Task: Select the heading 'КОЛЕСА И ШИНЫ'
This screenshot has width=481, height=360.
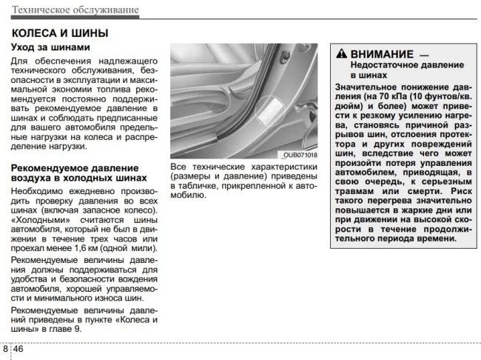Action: tap(60, 33)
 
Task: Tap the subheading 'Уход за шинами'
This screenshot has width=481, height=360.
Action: tap(51, 48)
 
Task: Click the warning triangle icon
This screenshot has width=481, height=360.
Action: tap(340, 53)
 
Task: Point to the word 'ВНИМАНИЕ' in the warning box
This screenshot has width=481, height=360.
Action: tap(382, 53)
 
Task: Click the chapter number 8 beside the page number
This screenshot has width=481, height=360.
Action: tap(5, 348)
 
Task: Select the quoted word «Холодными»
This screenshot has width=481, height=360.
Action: tap(39, 221)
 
